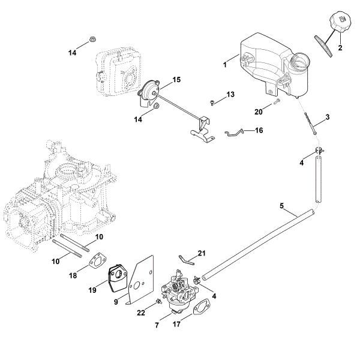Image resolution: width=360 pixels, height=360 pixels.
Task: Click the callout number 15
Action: [176, 79]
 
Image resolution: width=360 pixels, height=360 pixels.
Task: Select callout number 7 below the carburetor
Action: [157, 325]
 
